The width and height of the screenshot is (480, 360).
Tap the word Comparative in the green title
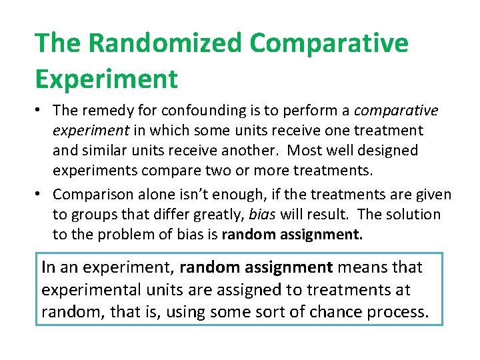[x=329, y=43]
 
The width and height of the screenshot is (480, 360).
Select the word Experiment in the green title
[x=107, y=79]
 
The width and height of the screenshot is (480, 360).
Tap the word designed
[x=385, y=151]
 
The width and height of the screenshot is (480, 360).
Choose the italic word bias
[x=263, y=215]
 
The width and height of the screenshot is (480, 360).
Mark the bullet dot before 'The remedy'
[x=40, y=109]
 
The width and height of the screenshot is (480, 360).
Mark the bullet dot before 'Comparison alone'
[x=40, y=194]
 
